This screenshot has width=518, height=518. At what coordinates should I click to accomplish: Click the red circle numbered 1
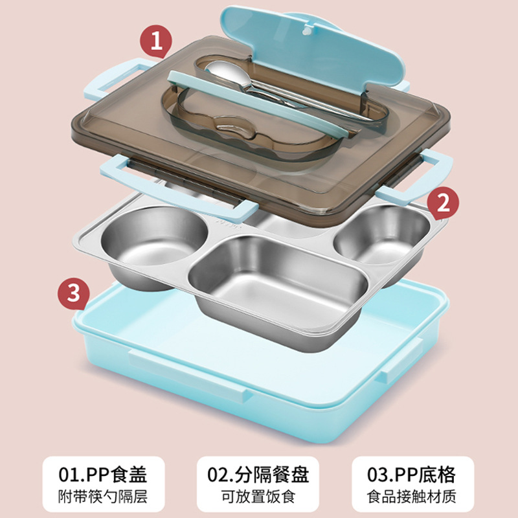point(156,41)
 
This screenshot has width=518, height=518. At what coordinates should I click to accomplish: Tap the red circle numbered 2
point(443,203)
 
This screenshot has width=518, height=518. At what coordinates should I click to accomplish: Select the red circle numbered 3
point(74,293)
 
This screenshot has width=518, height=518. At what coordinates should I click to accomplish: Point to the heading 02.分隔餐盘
point(258,475)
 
